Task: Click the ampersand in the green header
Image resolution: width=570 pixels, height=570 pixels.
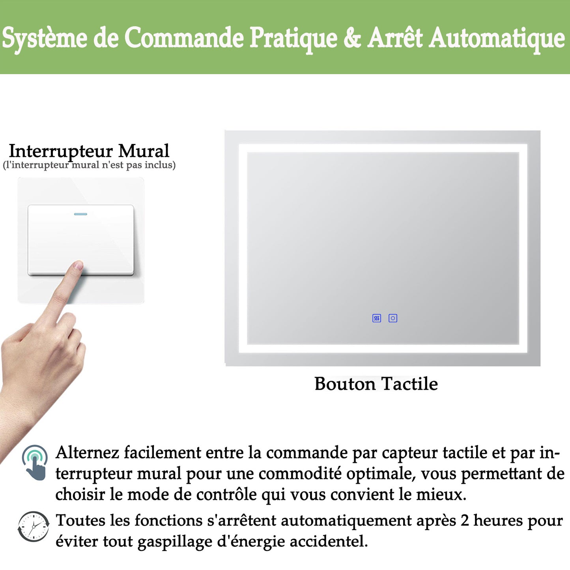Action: pyautogui.click(x=352, y=38)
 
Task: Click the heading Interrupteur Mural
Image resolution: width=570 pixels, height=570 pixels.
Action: pyautogui.click(x=89, y=151)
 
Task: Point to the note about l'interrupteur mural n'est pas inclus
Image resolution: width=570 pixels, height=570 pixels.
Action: pyautogui.click(x=89, y=165)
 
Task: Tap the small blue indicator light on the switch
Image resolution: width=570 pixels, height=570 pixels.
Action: pyautogui.click(x=80, y=214)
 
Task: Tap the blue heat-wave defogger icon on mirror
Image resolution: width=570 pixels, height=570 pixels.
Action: pyautogui.click(x=377, y=318)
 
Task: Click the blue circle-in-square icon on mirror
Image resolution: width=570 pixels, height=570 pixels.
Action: pyautogui.click(x=393, y=318)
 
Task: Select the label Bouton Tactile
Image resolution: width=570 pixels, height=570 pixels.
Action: pyautogui.click(x=376, y=384)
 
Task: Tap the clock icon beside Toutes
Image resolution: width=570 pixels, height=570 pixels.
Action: pyautogui.click(x=34, y=527)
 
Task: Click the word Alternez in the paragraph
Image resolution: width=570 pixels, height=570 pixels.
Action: pyautogui.click(x=87, y=452)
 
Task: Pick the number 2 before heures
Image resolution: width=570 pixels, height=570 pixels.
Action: pyautogui.click(x=465, y=521)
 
